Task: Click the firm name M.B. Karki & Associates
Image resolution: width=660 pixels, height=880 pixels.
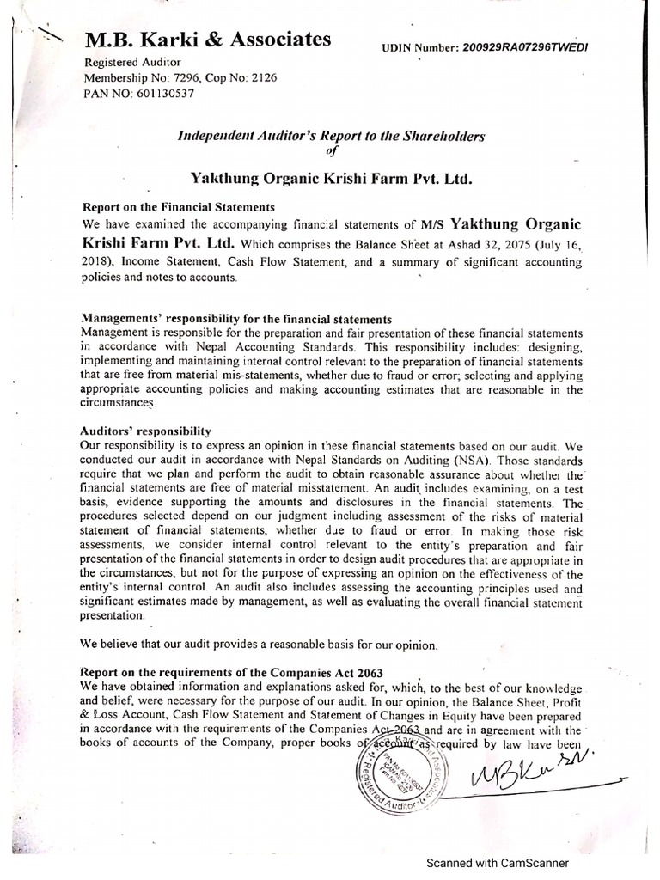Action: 206,40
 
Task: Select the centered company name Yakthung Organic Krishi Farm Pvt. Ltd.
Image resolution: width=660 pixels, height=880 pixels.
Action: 332,179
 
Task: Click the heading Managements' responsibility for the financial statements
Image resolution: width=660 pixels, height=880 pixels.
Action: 235,317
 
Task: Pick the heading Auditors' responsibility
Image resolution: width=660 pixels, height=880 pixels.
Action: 144,430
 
